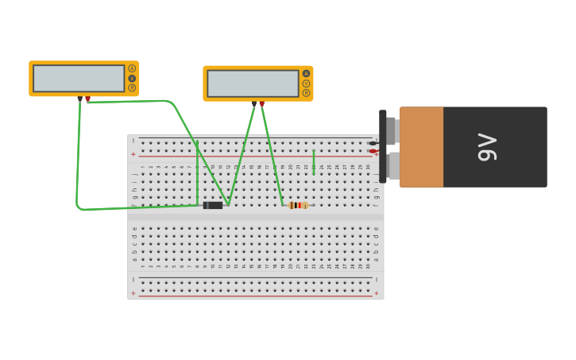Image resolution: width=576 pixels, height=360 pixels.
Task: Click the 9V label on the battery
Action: point(487,147)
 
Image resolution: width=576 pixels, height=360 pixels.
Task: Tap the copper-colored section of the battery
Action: point(421,147)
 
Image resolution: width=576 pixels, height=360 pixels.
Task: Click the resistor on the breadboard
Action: point(298,205)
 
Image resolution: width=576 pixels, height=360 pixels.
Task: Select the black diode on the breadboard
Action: point(212,205)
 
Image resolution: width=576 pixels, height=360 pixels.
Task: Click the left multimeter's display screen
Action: point(79,79)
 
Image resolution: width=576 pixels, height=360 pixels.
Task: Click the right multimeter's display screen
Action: point(253,83)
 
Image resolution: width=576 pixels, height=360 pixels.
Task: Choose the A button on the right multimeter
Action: point(306,74)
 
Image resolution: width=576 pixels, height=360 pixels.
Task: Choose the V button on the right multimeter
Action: point(306,83)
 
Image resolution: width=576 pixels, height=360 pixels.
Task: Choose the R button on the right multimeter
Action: point(306,93)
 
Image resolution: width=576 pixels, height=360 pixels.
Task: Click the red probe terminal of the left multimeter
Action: point(87,99)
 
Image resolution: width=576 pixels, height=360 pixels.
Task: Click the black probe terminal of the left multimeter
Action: point(80,99)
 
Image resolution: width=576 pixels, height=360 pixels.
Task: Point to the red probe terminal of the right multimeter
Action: point(261,103)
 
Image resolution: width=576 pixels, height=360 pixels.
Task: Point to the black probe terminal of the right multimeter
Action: point(254,103)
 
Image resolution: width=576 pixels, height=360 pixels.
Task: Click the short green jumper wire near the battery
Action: point(313,162)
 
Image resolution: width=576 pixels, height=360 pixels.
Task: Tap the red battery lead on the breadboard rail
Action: point(373,151)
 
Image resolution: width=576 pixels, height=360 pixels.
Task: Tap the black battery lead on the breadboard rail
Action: point(373,143)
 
